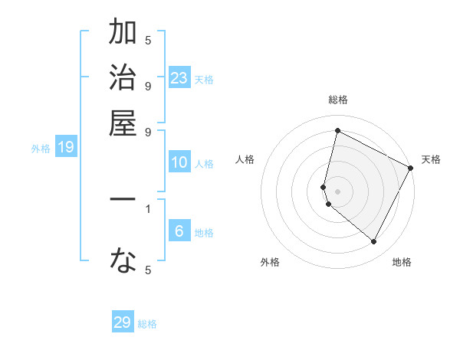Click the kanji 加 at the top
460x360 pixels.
pyautogui.click(x=123, y=34)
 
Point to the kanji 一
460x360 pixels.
pyautogui.click(x=123, y=200)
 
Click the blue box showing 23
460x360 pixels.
pyautogui.click(x=179, y=78)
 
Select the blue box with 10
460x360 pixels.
pyautogui.click(x=179, y=162)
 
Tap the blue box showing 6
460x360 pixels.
pyautogui.click(x=179, y=231)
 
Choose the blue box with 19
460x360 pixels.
pyautogui.click(x=66, y=148)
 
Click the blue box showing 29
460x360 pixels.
pyautogui.click(x=123, y=322)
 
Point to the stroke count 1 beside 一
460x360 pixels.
pyautogui.click(x=148, y=208)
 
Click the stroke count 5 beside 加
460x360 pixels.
pyautogui.click(x=148, y=41)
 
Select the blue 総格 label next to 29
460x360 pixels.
pyautogui.click(x=147, y=324)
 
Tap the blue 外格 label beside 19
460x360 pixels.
pyautogui.click(x=41, y=149)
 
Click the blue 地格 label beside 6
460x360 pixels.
pyautogui.click(x=204, y=233)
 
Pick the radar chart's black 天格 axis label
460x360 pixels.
pyautogui.click(x=431, y=159)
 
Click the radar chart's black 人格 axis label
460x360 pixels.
pyautogui.click(x=245, y=159)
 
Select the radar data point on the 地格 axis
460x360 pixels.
pyautogui.click(x=374, y=242)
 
